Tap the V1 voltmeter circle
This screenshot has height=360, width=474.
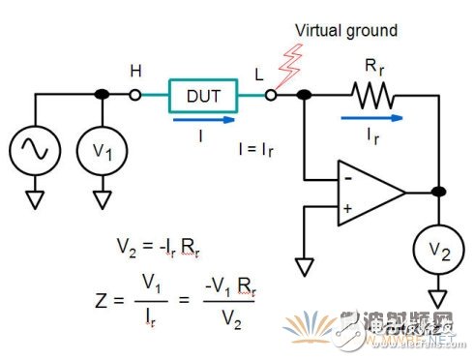tap(103, 151)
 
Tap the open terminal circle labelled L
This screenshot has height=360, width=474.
tap(273, 95)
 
